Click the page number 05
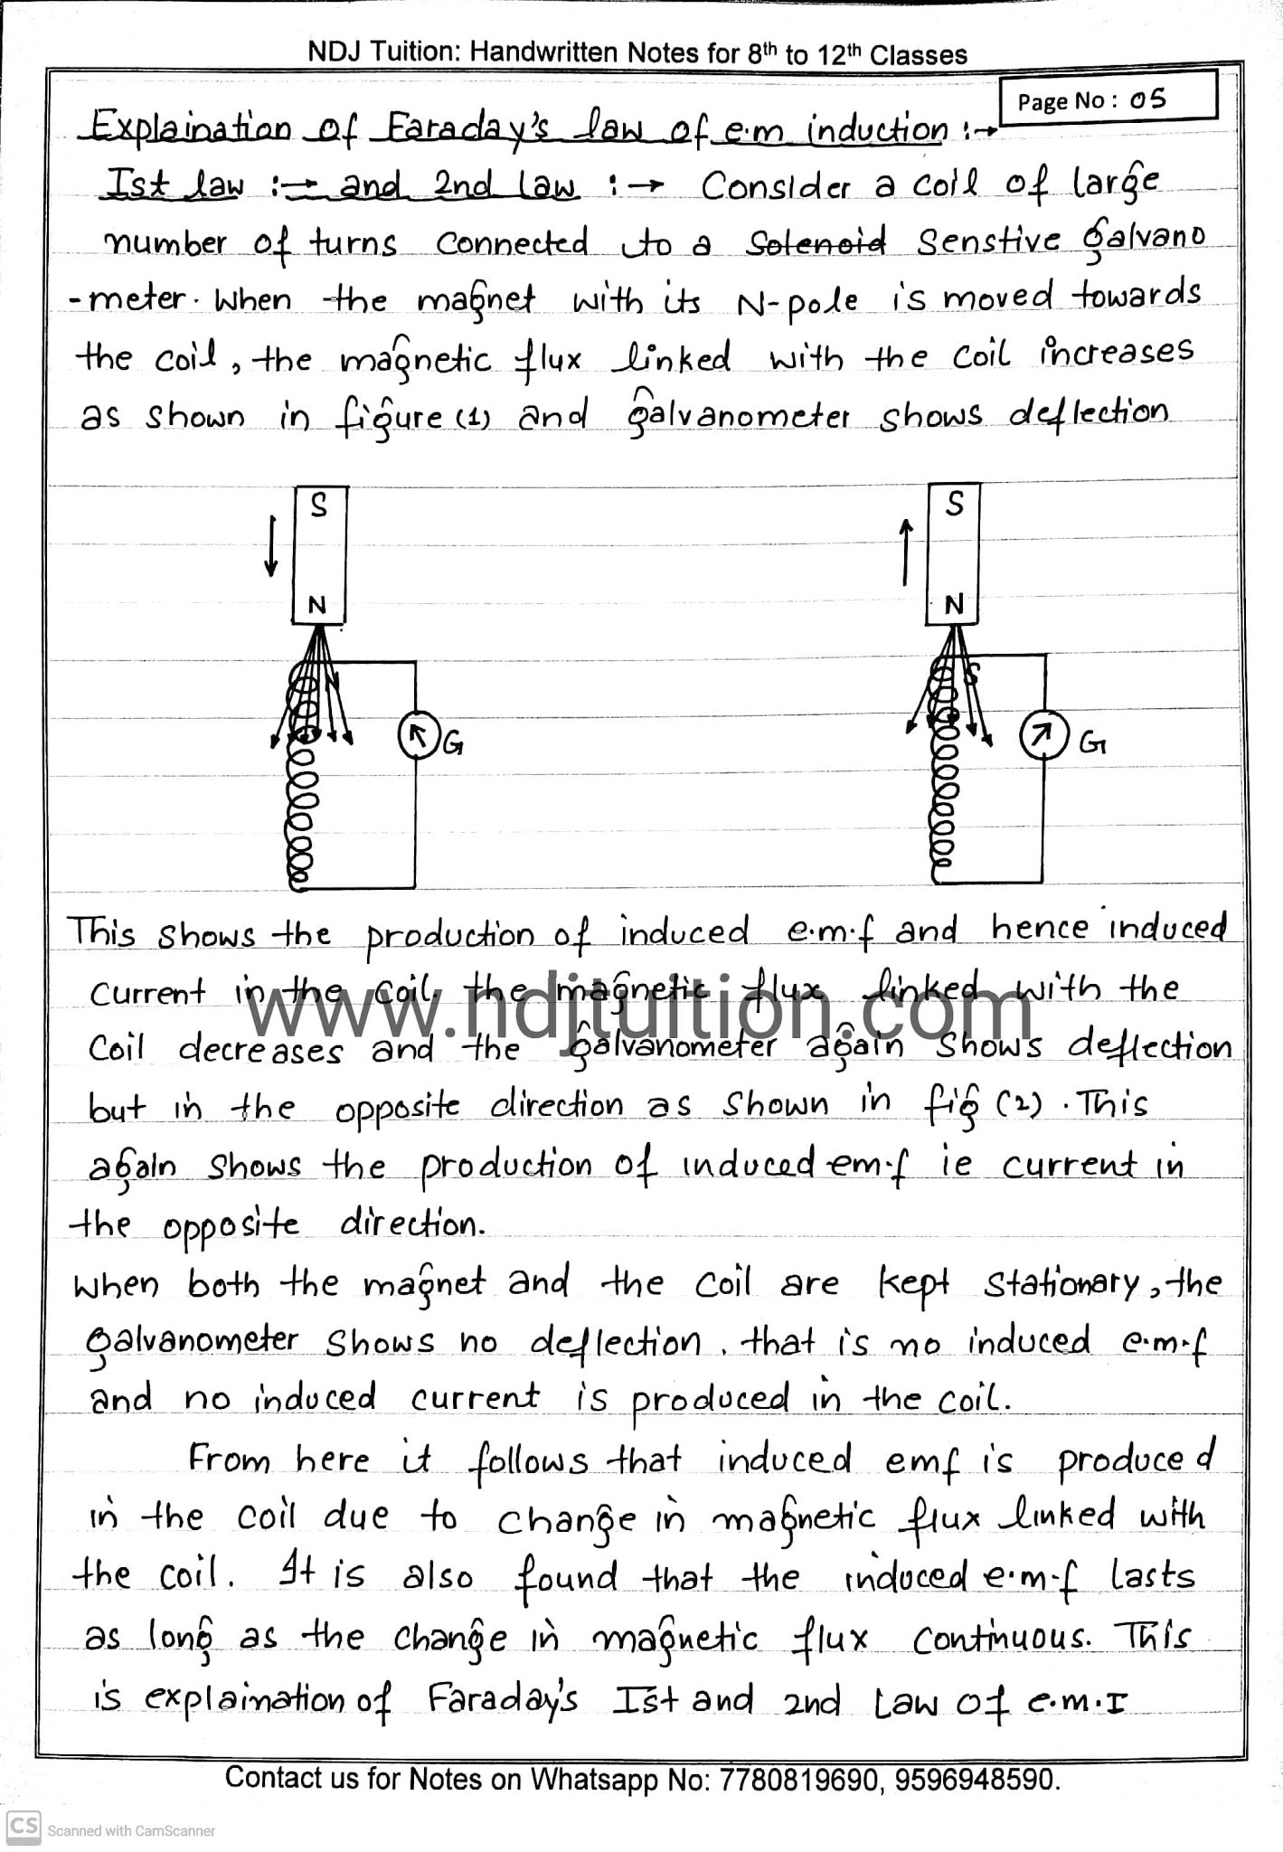(1147, 99)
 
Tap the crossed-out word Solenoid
(815, 242)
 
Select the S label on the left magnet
(318, 506)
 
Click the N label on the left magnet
(316, 606)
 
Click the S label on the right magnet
(955, 505)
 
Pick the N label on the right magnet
(954, 605)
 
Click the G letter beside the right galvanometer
(1092, 743)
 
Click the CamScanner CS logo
(23, 1828)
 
